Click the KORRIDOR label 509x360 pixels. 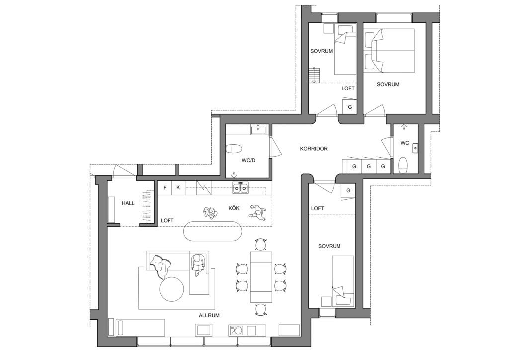[314, 149]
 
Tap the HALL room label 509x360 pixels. [128, 203]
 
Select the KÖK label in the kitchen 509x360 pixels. [234, 208]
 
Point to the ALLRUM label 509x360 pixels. [209, 315]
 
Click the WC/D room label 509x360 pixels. [248, 160]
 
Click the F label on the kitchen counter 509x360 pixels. [165, 188]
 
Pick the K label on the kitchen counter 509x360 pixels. [178, 188]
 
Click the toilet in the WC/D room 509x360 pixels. [234, 149]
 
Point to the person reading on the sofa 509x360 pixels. [198, 264]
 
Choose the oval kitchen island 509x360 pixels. [213, 231]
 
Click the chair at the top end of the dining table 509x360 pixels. [261, 244]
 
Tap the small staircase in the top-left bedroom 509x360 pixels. [314, 75]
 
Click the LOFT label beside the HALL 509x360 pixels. [167, 220]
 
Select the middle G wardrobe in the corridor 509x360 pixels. [368, 166]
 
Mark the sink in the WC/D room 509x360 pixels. [258, 129]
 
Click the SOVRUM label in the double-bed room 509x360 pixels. [388, 84]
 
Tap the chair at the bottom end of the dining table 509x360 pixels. [261, 309]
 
